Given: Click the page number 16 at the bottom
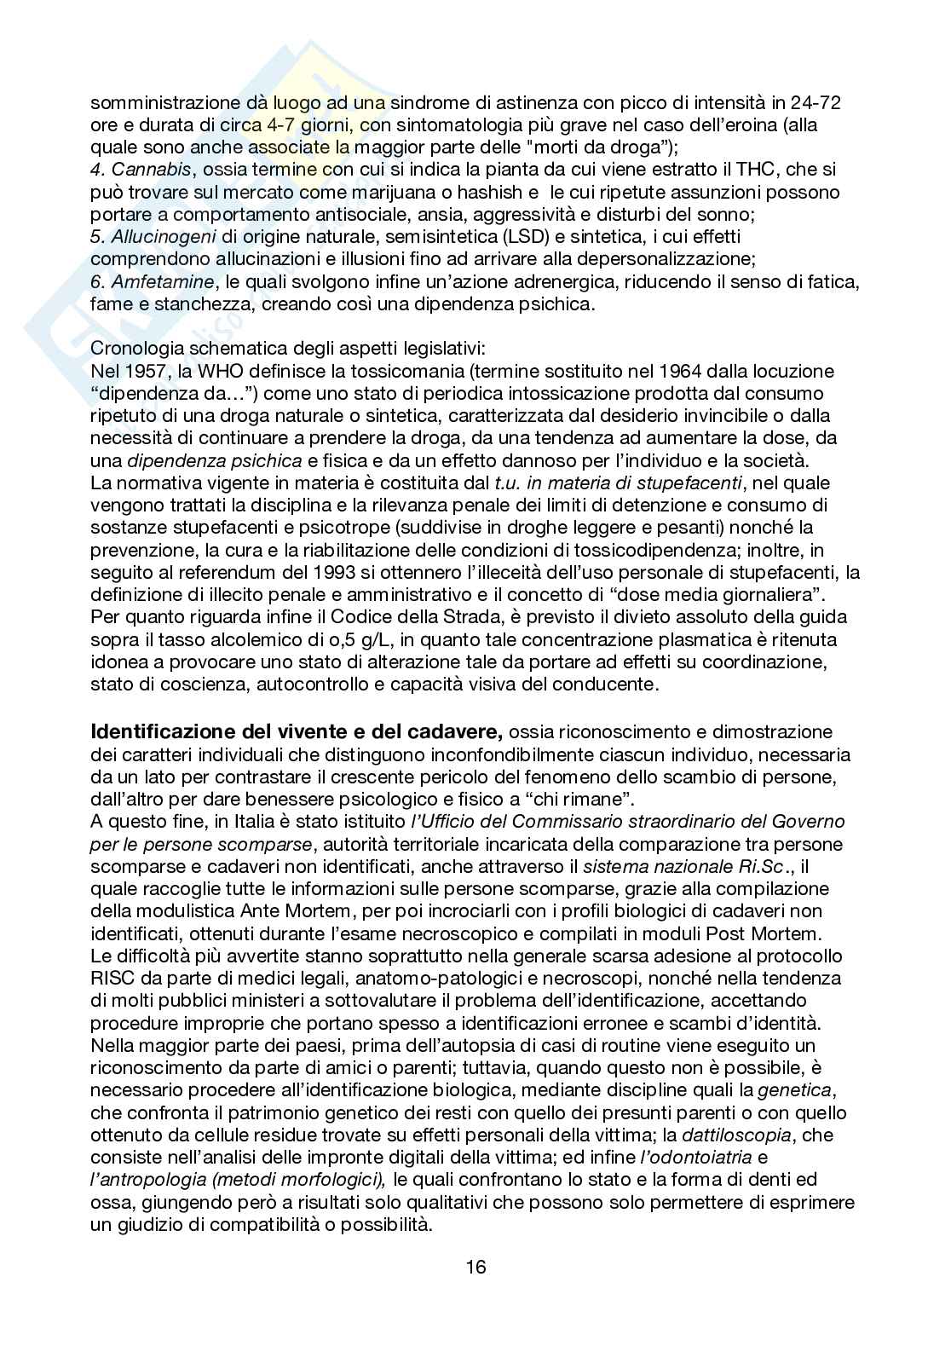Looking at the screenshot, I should (475, 1266).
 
